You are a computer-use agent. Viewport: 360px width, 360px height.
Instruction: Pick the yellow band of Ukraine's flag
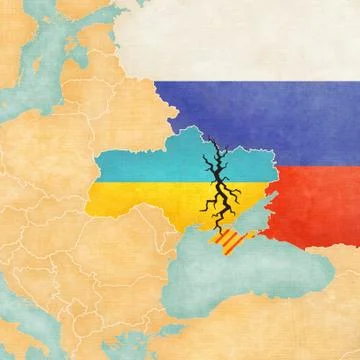tap(150, 198)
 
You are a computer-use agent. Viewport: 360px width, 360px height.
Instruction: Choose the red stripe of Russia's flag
tap(310, 200)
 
